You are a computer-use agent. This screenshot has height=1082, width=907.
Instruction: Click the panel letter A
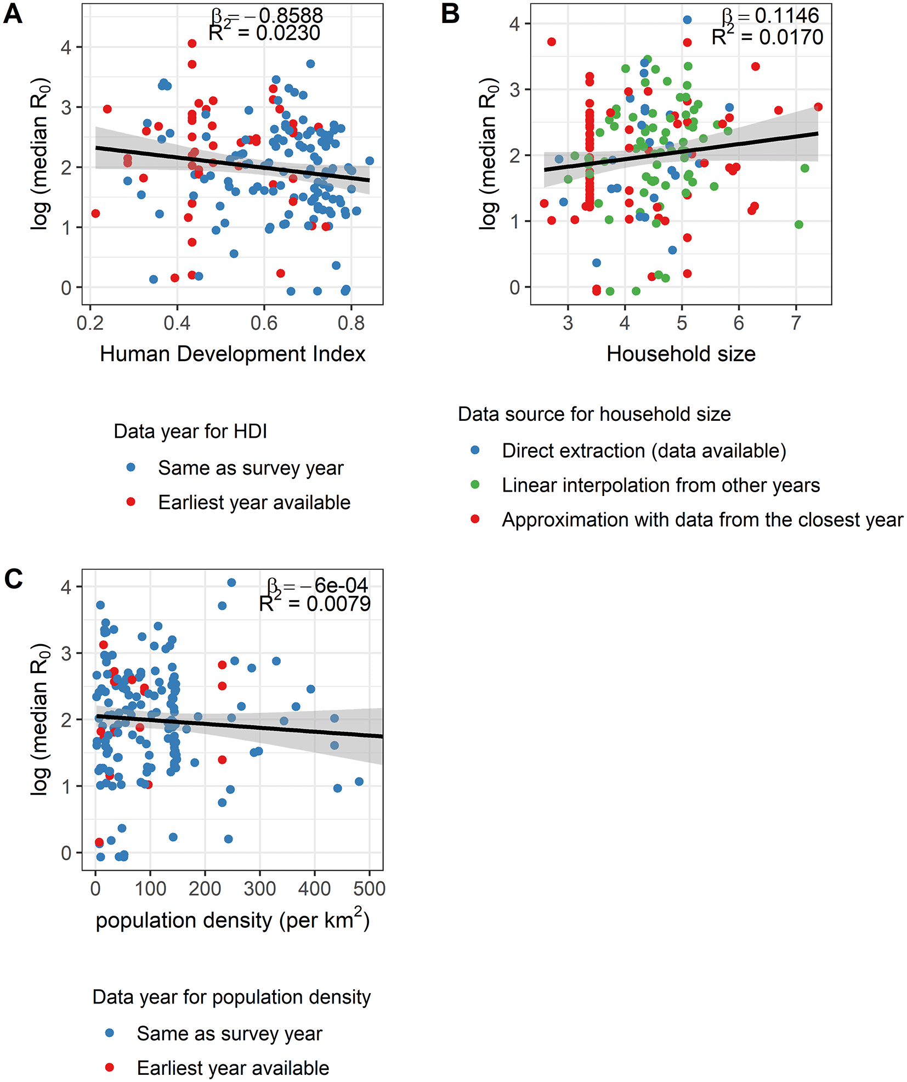pyautogui.click(x=13, y=13)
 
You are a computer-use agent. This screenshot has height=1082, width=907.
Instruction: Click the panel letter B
pyautogui.click(x=450, y=13)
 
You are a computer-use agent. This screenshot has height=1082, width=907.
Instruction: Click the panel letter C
pyautogui.click(x=13, y=579)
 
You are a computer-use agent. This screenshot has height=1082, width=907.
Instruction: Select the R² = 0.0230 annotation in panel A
pyautogui.click(x=264, y=33)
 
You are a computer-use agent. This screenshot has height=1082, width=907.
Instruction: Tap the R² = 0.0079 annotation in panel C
pyautogui.click(x=315, y=604)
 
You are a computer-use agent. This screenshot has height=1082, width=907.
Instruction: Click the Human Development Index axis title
pyautogui.click(x=233, y=354)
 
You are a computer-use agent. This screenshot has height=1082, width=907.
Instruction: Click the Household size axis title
pyautogui.click(x=681, y=354)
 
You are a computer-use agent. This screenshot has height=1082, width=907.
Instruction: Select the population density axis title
pyautogui.click(x=233, y=920)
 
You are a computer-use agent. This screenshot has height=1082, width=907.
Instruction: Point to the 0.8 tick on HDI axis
pyautogui.click(x=351, y=323)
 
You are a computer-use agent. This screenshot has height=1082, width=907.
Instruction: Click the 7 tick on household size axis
pyautogui.click(x=796, y=323)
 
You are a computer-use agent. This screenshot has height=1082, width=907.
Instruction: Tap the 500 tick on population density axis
pyautogui.click(x=369, y=888)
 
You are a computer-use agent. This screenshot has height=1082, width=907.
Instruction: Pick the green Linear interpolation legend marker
pyautogui.click(x=475, y=484)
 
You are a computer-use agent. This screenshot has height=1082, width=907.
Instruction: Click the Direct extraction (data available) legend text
pyautogui.click(x=644, y=451)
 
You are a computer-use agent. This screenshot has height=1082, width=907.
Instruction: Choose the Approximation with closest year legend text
pyautogui.click(x=702, y=520)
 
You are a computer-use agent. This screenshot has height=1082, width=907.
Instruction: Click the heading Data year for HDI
pyautogui.click(x=190, y=431)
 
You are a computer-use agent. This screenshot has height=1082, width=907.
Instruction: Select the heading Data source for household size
pyautogui.click(x=594, y=414)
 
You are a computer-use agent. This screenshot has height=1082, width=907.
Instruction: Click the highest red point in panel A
pyautogui.click(x=192, y=43)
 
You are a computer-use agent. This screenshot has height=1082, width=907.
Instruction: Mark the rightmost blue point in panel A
pyautogui.click(x=370, y=161)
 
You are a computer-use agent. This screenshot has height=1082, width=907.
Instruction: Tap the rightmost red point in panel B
pyautogui.click(x=818, y=107)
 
